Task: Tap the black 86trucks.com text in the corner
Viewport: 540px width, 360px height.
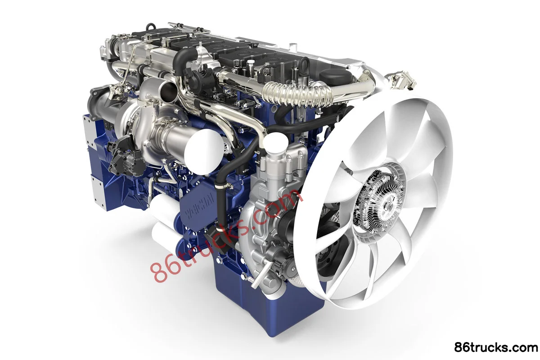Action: (495, 348)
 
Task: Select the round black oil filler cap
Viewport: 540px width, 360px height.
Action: (337, 75)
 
